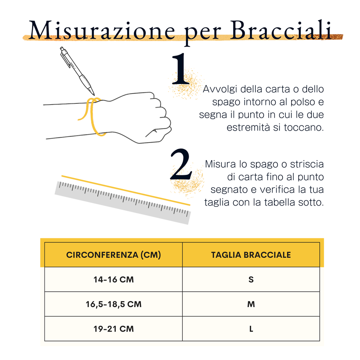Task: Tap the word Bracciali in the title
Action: (281, 30)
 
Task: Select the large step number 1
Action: (181, 68)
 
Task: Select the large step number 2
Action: (181, 164)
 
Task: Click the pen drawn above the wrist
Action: (77, 71)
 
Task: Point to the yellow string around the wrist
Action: (92, 116)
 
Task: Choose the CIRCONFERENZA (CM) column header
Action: (113, 255)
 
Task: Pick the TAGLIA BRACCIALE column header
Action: (251, 255)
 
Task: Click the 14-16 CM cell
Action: (113, 279)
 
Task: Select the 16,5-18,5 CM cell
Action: (113, 304)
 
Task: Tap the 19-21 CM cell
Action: (113, 329)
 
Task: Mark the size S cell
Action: (251, 279)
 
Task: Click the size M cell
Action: (251, 304)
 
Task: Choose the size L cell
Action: (251, 329)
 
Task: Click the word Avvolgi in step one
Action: (220, 89)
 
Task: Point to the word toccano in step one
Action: (304, 127)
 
